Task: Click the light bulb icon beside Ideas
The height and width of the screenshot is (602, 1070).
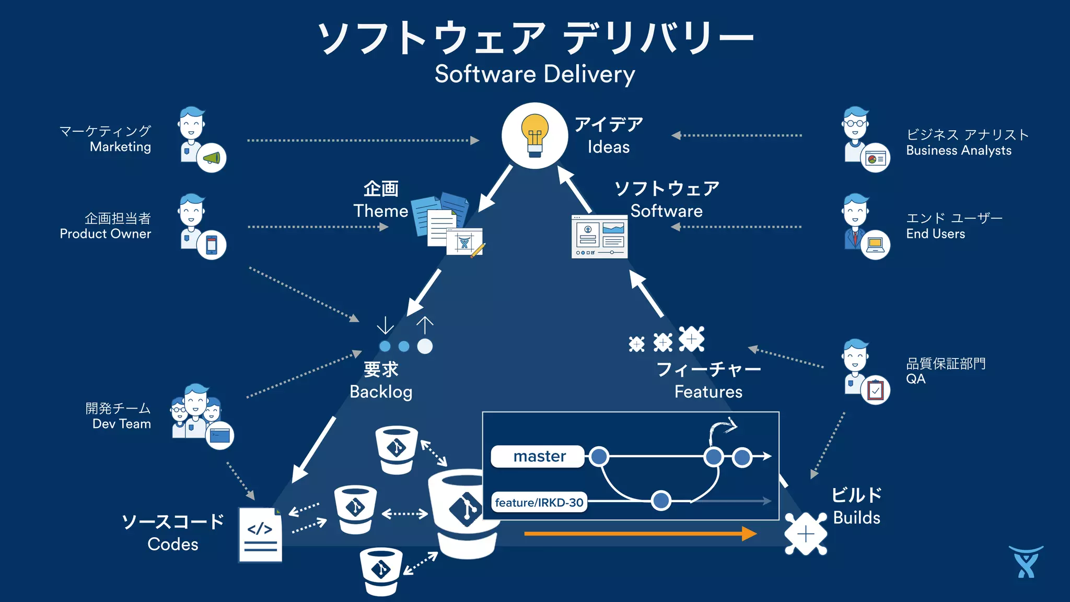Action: [x=534, y=135]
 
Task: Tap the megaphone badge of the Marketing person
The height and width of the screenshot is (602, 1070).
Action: [x=212, y=158]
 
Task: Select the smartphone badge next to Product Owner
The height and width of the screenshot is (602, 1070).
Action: [x=212, y=245]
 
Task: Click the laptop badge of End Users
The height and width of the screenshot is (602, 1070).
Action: [x=875, y=245]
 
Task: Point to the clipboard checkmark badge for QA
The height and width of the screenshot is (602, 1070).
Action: [x=875, y=390]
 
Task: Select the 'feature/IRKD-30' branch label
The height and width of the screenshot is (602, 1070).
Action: [x=539, y=503]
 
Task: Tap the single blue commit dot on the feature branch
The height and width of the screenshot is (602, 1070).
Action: [x=661, y=500]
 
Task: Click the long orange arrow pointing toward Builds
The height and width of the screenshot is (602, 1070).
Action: [x=640, y=534]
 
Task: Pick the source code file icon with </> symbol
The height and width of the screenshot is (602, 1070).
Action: [x=260, y=535]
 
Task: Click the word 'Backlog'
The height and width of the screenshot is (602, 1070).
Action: [x=381, y=392]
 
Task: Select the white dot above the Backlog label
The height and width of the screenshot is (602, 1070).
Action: [x=425, y=346]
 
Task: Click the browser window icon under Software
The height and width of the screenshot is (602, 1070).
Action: [x=599, y=237]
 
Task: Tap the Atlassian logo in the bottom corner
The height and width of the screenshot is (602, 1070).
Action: [x=1026, y=562]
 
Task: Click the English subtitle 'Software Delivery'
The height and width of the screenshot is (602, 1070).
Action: [x=535, y=74]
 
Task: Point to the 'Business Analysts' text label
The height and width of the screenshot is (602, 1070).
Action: [x=959, y=150]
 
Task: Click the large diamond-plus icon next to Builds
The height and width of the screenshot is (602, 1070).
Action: [x=806, y=534]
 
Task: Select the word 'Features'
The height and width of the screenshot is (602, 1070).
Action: [x=708, y=392]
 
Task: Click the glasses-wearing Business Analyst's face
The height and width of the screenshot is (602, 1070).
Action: [x=855, y=124]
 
